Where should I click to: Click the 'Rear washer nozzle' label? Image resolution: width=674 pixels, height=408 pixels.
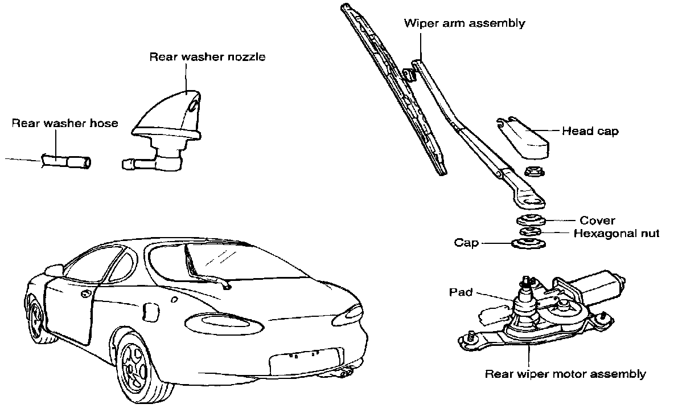207,57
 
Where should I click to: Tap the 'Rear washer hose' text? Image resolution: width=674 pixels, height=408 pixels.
65,123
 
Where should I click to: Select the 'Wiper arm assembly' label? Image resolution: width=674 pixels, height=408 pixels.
464,23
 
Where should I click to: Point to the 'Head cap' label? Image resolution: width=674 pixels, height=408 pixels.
590,131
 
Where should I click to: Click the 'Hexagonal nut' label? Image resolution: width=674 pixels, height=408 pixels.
616,233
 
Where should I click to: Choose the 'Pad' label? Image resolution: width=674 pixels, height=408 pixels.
461,292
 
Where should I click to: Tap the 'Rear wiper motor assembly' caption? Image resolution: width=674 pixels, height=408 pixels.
565,374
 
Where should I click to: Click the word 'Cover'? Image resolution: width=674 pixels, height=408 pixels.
597,221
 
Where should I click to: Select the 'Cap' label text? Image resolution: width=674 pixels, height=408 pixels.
466,243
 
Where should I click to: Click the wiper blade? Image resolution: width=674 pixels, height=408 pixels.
393,91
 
